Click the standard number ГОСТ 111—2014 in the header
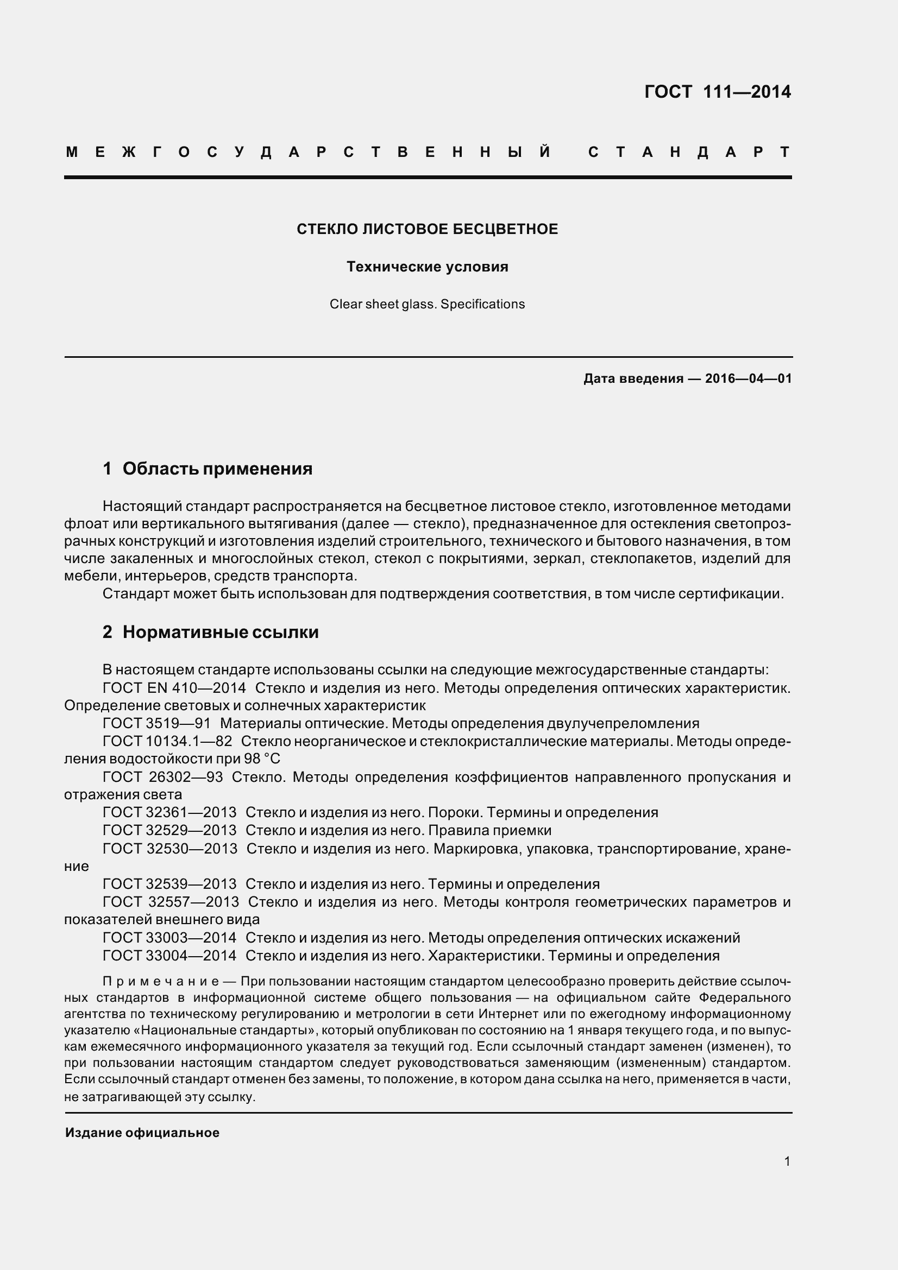click(718, 92)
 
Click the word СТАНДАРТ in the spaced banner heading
click(689, 152)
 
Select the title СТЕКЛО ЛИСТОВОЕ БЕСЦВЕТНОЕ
click(427, 229)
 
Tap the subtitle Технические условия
click(427, 267)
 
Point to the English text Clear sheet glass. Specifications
click(427, 304)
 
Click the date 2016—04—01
click(748, 379)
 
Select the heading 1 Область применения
click(208, 469)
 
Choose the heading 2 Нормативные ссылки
click(210, 632)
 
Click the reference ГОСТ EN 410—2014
click(174, 688)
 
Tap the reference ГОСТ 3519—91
click(156, 723)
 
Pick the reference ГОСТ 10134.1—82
click(167, 741)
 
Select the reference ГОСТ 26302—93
click(162, 777)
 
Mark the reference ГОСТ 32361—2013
click(169, 813)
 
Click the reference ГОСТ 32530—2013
click(170, 849)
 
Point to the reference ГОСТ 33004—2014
click(169, 955)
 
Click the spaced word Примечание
click(161, 982)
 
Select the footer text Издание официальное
click(142, 1133)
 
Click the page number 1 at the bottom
click(787, 1161)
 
